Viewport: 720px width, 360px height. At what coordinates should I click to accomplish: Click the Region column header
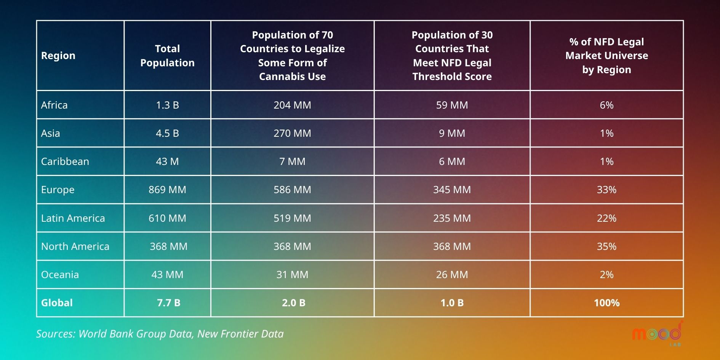58,56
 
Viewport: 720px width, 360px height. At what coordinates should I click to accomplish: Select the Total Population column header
167,56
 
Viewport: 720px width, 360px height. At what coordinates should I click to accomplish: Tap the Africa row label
54,105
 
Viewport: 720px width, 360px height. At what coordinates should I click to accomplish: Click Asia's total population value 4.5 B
167,133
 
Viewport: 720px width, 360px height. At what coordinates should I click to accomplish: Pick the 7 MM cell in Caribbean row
292,162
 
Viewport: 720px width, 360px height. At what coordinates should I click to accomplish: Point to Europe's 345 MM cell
452,190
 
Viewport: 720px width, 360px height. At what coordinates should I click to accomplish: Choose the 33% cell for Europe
606,190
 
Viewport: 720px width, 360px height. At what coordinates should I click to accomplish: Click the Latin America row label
73,218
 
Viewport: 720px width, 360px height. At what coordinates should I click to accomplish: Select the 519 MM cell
292,218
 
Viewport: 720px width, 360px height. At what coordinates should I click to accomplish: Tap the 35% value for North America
606,246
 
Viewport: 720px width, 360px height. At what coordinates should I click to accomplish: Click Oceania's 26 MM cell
452,275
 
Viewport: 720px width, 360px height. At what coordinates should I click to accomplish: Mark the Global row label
57,303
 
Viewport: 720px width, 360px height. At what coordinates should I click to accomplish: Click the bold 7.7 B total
168,303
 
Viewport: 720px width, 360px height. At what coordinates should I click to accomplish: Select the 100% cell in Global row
606,303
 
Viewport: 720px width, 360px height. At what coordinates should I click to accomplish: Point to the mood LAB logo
658,334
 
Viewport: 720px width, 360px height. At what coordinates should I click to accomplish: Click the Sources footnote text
160,334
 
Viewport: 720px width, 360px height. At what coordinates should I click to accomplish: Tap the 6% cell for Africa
606,105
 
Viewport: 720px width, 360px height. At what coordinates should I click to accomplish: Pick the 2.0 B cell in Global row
293,303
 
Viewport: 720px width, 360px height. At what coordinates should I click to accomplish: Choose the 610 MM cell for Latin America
167,218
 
